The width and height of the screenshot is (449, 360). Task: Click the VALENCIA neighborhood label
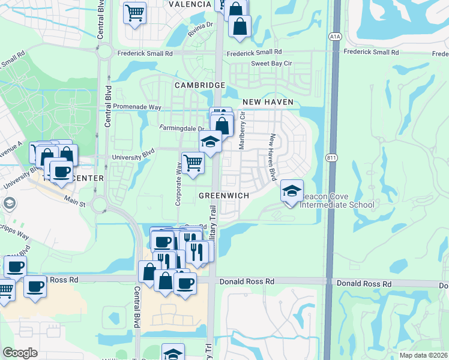click(190, 4)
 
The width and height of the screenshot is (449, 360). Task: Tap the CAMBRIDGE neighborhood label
click(199, 85)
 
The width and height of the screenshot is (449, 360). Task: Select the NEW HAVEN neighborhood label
click(268, 103)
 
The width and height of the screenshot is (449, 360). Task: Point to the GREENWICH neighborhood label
click(223, 196)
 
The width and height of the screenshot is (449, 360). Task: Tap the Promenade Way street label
click(137, 107)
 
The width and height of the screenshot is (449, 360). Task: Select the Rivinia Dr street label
click(200, 29)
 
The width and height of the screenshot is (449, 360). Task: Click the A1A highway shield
click(335, 37)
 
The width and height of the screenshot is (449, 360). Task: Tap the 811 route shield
click(332, 158)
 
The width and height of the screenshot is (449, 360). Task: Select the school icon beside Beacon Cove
click(292, 191)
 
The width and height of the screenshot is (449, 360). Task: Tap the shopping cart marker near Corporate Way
click(192, 161)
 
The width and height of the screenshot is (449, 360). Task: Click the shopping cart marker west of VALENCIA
click(135, 11)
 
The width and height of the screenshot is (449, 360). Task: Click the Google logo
click(20, 353)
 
